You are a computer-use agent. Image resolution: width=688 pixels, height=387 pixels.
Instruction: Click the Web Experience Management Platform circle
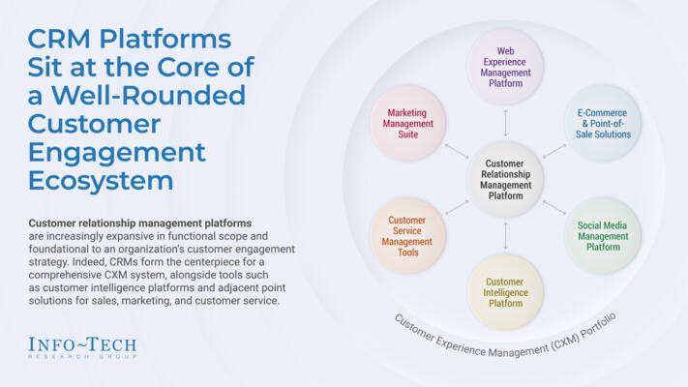coord(505,67)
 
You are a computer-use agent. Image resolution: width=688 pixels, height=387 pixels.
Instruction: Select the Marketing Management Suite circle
coord(407,123)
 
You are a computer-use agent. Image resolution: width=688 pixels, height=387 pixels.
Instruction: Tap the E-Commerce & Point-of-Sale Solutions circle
coord(603,123)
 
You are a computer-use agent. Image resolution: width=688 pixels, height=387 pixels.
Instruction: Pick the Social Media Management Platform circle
coord(603,235)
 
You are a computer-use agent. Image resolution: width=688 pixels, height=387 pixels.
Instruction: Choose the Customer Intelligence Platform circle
coord(505,290)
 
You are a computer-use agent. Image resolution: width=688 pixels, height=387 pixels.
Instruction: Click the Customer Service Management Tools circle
coord(407,235)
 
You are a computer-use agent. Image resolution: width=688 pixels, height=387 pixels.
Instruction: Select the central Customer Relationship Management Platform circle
coord(505,179)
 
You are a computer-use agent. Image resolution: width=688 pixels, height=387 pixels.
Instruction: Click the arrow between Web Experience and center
coord(505,123)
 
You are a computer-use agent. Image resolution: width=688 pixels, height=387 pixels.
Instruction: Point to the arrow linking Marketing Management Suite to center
coord(456,151)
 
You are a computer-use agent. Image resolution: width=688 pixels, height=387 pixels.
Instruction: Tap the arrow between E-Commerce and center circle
coord(554,151)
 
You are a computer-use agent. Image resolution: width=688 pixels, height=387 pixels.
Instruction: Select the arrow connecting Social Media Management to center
coord(554,207)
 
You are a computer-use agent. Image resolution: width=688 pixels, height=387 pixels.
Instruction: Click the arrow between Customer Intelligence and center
coord(505,235)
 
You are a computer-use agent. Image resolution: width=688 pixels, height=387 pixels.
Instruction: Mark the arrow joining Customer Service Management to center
coord(456,207)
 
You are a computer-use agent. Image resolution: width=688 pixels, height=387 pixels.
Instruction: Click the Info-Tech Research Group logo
coord(82,347)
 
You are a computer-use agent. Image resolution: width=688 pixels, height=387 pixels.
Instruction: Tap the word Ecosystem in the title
coord(101,181)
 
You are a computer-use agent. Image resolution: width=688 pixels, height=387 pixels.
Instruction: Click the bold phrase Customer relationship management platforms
coord(140,223)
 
